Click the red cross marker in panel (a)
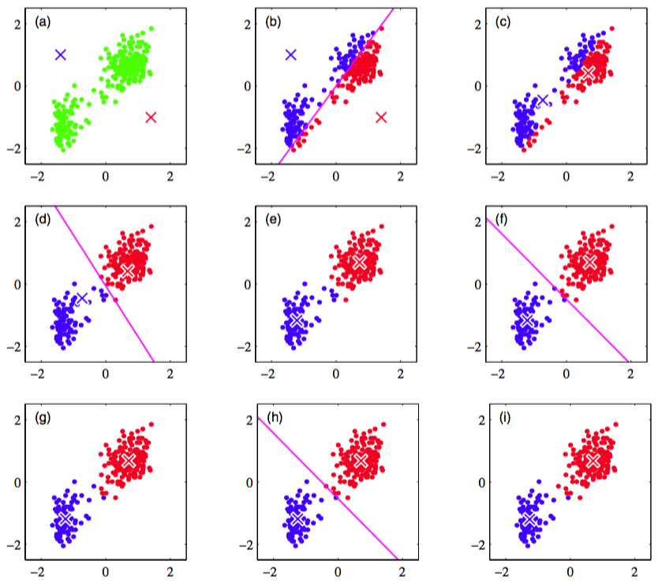[151, 118]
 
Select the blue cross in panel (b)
[291, 54]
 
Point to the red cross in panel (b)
[381, 118]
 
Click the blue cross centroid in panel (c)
[542, 100]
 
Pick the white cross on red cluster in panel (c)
[589, 72]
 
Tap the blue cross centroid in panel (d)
[81, 298]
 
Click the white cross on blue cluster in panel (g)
[65, 518]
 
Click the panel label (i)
[503, 417]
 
